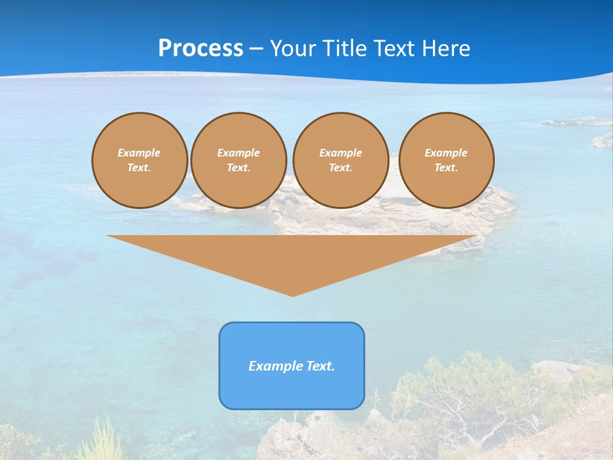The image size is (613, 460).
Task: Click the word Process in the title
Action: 201,49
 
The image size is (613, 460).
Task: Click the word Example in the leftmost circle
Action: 139,153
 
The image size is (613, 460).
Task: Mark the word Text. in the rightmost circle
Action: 446,167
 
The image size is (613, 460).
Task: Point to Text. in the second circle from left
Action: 238,167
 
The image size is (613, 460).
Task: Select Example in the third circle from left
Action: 340,153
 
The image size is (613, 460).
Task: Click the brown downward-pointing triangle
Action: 292,256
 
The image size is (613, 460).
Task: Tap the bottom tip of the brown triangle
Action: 292,295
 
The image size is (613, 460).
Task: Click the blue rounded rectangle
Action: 292,390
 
